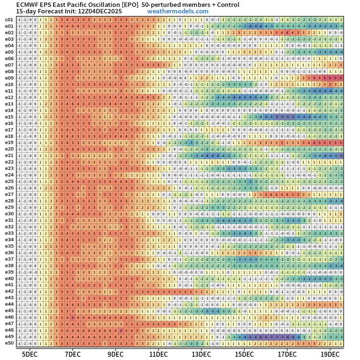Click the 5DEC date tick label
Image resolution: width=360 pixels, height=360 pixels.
tap(30, 354)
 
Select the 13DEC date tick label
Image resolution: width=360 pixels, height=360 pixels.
tap(201, 354)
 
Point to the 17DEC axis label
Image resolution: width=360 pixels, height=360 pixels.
tap(287, 354)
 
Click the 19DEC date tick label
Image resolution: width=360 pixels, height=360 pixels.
tap(330, 354)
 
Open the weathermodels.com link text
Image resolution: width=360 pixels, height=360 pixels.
tap(178, 11)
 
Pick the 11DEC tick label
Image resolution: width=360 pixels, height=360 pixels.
tap(158, 354)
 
